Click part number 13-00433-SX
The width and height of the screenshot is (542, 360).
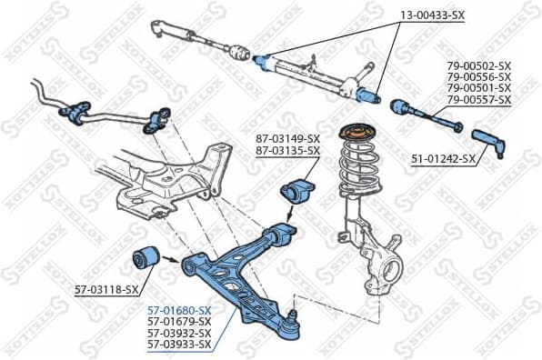433,15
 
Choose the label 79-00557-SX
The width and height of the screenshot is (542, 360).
478,99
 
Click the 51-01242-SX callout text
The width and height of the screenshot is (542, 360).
443,158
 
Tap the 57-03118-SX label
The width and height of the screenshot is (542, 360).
106,290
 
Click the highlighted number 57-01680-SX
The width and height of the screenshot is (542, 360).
179,310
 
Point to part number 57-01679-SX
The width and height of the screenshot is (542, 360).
179,322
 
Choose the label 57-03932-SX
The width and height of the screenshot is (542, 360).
179,333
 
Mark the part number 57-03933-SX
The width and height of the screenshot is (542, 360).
179,345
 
